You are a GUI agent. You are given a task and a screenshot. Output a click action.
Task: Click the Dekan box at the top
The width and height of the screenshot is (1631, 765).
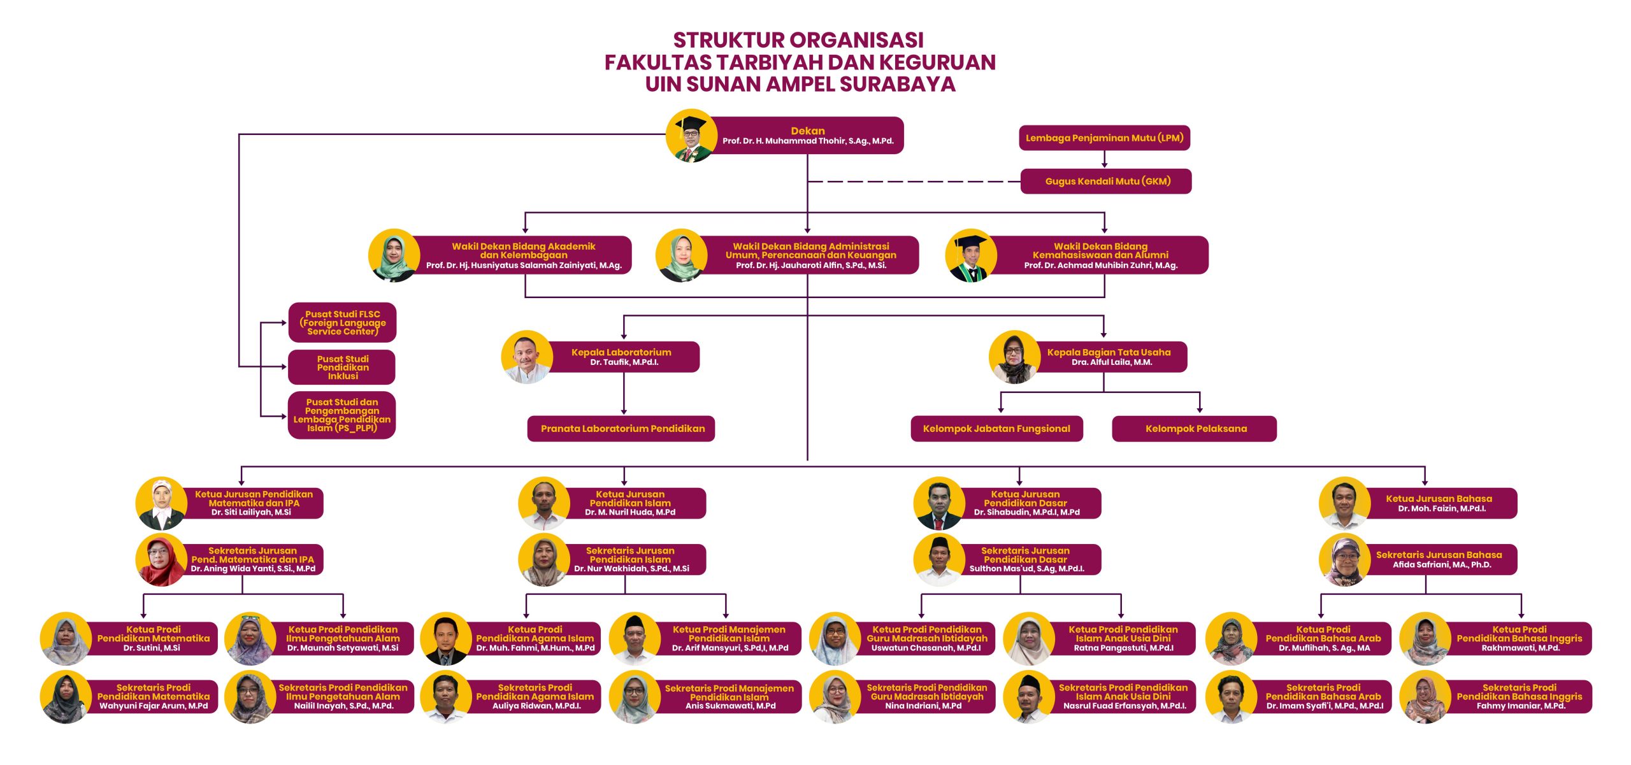[807, 136]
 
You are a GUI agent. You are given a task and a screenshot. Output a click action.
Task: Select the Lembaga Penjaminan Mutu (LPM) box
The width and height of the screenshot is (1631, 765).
[1104, 138]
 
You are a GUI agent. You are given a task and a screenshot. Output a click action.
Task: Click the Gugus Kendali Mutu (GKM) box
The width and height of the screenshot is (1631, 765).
[1107, 182]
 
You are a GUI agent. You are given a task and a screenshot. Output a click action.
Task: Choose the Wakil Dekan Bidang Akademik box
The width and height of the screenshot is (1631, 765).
[523, 255]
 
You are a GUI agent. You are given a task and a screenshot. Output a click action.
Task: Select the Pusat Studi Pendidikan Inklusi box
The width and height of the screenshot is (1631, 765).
[342, 368]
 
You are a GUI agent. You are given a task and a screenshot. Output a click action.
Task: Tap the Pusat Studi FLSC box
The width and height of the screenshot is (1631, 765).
[342, 322]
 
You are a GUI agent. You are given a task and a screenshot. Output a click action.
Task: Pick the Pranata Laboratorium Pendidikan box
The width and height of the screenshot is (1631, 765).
[622, 429]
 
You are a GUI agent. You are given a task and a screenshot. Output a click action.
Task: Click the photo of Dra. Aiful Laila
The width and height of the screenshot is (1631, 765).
[1014, 357]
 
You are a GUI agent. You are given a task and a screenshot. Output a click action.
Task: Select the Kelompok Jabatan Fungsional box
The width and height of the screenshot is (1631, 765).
[996, 429]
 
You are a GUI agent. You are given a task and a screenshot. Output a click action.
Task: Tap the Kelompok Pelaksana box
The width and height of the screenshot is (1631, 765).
[1195, 429]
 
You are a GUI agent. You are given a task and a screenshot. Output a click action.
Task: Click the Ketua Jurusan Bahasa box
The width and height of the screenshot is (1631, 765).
[1438, 503]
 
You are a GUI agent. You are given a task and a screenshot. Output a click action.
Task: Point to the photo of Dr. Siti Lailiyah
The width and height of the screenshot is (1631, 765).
[161, 503]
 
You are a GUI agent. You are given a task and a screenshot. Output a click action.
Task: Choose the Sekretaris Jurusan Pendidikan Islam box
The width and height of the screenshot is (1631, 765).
[630, 559]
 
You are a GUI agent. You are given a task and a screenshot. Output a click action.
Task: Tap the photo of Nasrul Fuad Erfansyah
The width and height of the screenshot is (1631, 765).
[1028, 697]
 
